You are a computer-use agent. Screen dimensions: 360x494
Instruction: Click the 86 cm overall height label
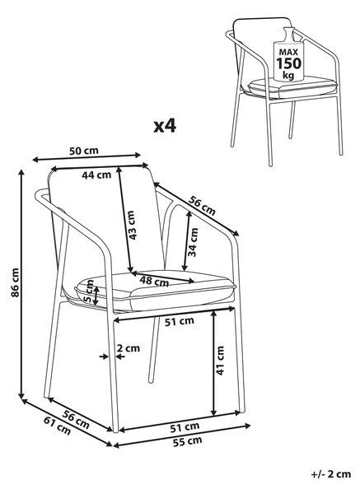[x=15, y=282]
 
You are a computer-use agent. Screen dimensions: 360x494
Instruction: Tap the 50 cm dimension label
[x=84, y=151]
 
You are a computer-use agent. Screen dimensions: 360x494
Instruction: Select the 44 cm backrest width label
[x=96, y=175]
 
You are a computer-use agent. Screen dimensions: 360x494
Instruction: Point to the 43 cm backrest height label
[x=132, y=225]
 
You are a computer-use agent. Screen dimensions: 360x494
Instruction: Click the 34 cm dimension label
[x=193, y=242]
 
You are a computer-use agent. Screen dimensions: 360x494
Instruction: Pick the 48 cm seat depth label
[x=154, y=281]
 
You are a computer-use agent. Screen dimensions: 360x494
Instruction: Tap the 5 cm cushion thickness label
[x=90, y=292]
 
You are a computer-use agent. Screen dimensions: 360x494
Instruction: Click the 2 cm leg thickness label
[x=129, y=348]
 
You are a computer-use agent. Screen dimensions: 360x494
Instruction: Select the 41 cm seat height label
[x=220, y=361]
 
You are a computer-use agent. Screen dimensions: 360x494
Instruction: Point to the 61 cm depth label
[x=58, y=425]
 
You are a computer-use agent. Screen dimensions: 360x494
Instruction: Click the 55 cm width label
[x=187, y=441]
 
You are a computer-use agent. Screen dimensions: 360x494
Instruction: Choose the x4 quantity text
[x=165, y=126]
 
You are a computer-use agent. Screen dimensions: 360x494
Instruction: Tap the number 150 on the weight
[x=289, y=63]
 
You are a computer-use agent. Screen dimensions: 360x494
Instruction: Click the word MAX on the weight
[x=288, y=52]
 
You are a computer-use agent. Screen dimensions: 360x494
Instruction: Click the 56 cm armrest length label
[x=202, y=206]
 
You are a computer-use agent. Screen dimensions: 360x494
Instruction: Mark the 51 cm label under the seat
[x=180, y=321]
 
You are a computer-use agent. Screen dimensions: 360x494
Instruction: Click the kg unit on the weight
[x=288, y=76]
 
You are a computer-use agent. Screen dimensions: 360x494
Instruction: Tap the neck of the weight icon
[x=289, y=34]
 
